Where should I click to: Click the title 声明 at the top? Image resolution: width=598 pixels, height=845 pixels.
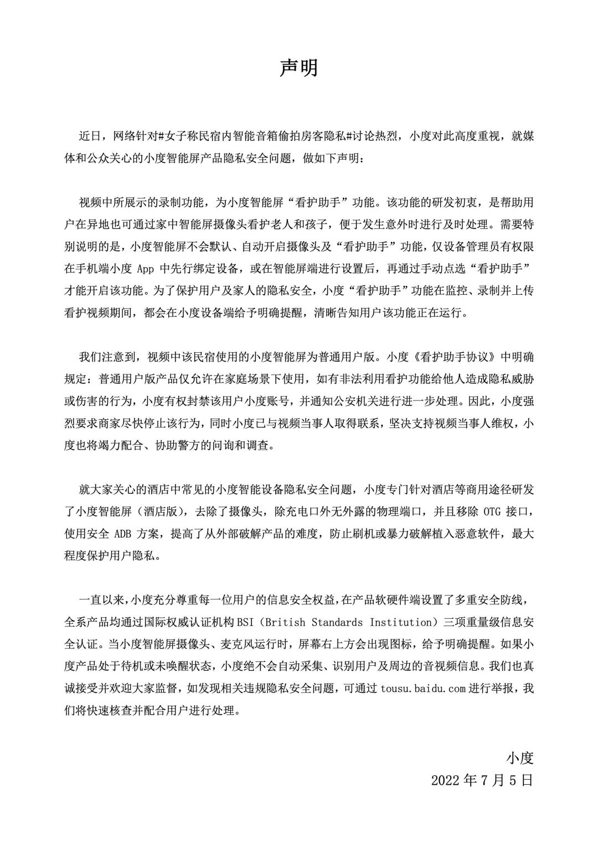(298, 67)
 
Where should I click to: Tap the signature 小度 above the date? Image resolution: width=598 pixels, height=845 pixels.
(519, 757)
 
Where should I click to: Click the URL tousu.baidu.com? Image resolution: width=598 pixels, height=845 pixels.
(423, 688)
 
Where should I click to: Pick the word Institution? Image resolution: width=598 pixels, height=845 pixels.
(400, 622)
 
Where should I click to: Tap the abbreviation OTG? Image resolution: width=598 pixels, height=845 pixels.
(492, 512)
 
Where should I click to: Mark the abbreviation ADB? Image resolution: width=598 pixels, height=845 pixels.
(124, 534)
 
